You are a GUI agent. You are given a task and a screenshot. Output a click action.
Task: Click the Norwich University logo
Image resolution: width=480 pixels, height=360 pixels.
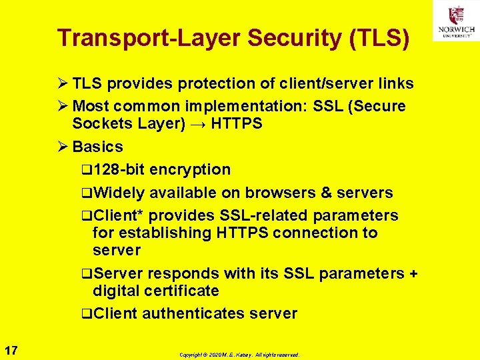pyautogui.click(x=456, y=21)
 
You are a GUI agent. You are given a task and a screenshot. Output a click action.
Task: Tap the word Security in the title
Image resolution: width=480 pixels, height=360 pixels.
pyautogui.click(x=294, y=38)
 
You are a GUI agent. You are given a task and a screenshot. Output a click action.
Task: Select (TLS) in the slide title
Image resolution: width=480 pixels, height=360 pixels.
pyautogui.click(x=379, y=38)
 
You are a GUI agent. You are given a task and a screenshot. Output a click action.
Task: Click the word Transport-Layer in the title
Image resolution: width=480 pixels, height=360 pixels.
pyautogui.click(x=150, y=38)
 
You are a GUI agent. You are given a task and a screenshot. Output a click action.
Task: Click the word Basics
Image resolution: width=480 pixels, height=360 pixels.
pyautogui.click(x=97, y=147)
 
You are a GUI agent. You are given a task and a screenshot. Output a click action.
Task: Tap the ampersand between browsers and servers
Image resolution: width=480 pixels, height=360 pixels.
pyautogui.click(x=326, y=193)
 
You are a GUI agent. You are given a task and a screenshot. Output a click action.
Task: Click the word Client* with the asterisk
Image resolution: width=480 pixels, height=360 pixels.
pyautogui.click(x=119, y=215)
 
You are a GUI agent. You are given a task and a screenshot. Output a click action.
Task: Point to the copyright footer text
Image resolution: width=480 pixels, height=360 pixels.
pyautogui.click(x=239, y=355)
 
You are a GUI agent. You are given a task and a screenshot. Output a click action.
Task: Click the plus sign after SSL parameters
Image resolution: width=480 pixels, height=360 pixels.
pyautogui.click(x=413, y=273)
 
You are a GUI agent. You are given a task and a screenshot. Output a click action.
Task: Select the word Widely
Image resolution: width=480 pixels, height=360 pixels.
pyautogui.click(x=119, y=193)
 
